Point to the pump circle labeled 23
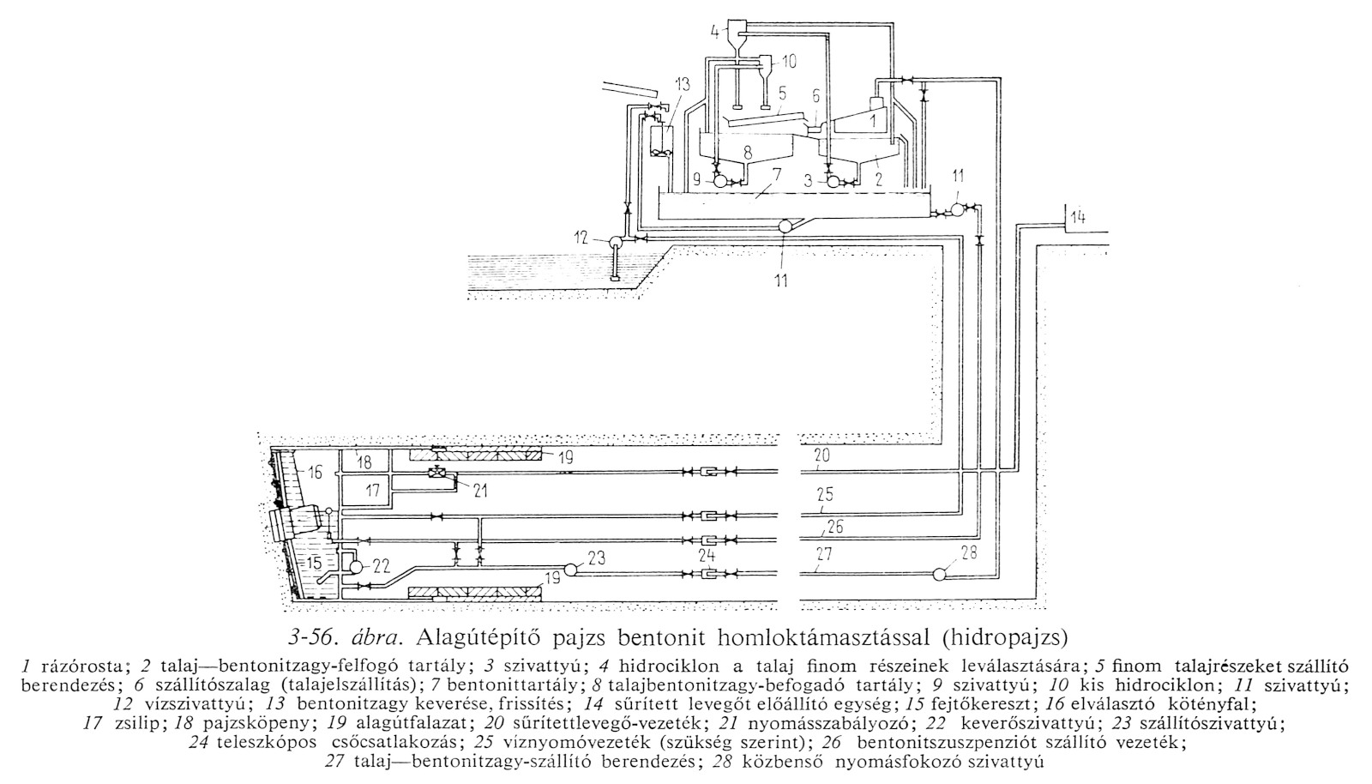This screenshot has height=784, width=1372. [572, 568]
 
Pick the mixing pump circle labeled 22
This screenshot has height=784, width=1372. [356, 567]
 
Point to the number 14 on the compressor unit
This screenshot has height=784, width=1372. [1077, 218]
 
